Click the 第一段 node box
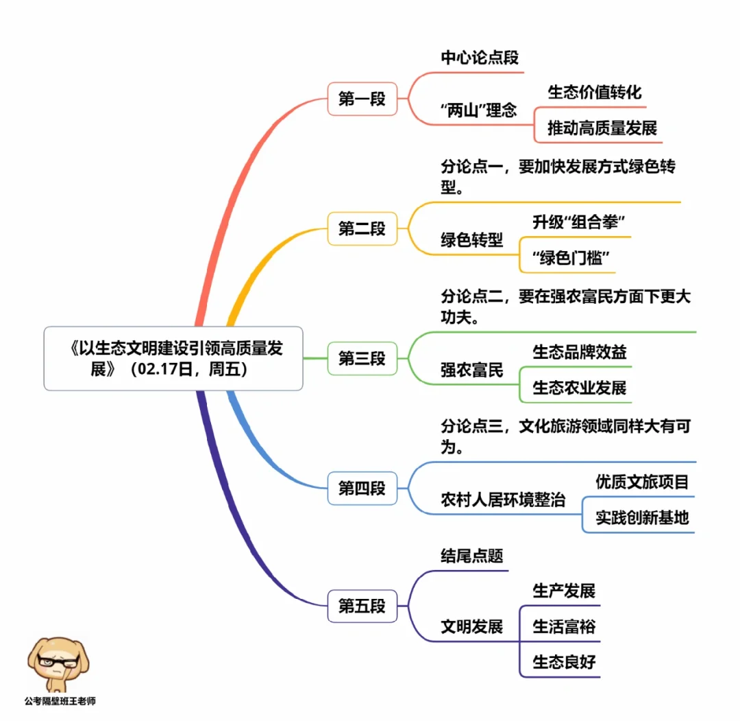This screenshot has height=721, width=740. (x=362, y=99)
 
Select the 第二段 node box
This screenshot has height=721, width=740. (x=362, y=228)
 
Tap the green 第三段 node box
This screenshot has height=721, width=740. (x=362, y=358)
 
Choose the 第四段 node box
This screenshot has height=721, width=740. (x=362, y=488)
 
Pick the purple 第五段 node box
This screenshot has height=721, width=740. (x=362, y=606)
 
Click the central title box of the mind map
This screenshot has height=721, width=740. (x=173, y=358)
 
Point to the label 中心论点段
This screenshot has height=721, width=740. (x=480, y=58)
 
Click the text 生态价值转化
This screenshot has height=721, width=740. (x=595, y=92)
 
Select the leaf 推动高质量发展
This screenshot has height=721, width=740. (x=602, y=128)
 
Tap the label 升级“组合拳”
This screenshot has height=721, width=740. (x=580, y=222)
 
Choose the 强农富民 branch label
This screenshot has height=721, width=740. (x=471, y=370)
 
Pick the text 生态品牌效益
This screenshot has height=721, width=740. (x=580, y=352)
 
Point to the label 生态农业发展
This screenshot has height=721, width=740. (x=580, y=388)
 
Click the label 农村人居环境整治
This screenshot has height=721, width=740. (x=503, y=500)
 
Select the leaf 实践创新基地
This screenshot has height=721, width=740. (x=641, y=517)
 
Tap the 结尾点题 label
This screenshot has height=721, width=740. (x=471, y=556)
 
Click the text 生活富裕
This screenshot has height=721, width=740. (x=564, y=626)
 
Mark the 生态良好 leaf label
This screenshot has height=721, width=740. (x=564, y=662)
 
